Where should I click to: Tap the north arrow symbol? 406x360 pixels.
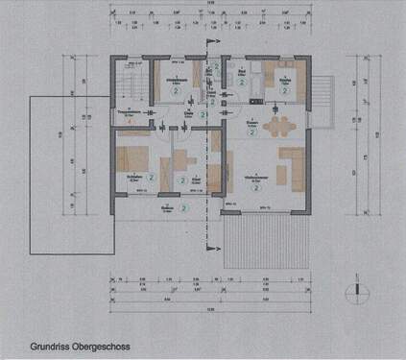pos(358,290)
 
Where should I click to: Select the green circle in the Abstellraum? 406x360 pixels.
pos(173,96)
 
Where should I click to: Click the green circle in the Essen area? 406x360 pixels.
pos(251,133)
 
